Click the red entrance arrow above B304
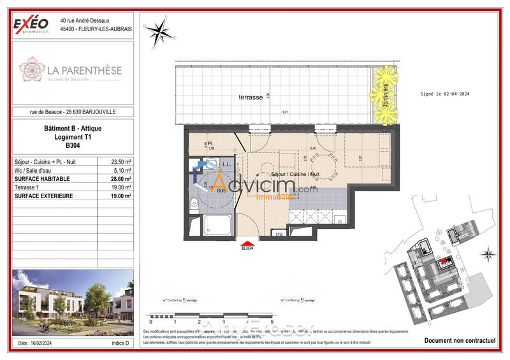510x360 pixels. (x=247, y=241)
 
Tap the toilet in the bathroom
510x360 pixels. (x=193, y=203)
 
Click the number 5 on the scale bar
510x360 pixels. (x=272, y=322)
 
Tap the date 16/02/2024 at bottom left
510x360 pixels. (x=40, y=343)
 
